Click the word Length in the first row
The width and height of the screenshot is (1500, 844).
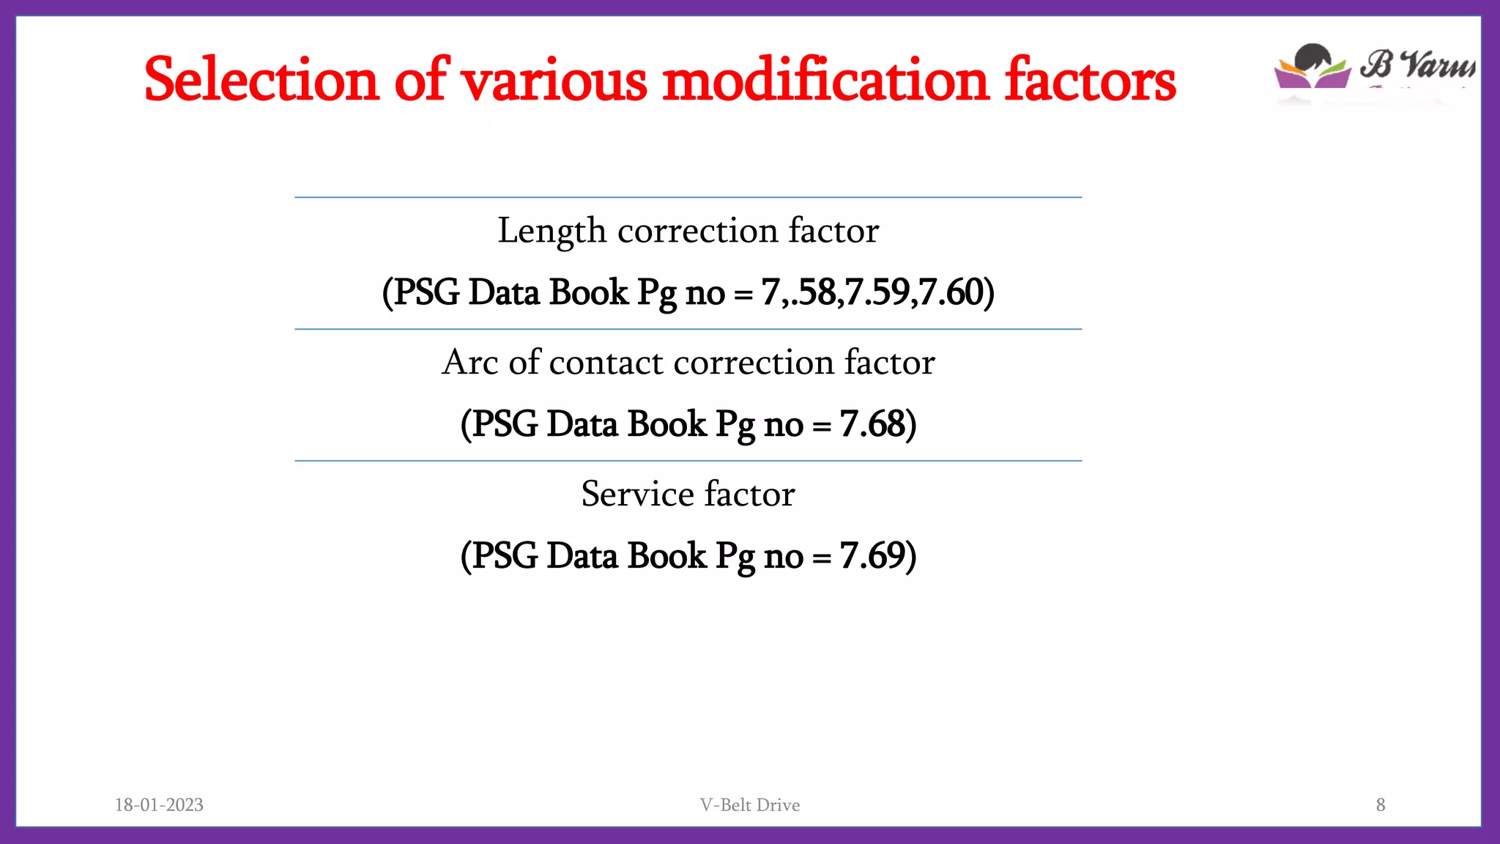tap(552, 232)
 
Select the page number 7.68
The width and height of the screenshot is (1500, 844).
tap(872, 423)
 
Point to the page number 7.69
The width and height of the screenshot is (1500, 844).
tap(872, 555)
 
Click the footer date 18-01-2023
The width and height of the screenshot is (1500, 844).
tap(159, 804)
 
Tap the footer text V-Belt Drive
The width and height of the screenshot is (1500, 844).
tap(749, 804)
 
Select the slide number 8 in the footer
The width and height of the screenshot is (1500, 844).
tap(1381, 804)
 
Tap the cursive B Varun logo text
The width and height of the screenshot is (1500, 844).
tap(1417, 64)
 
